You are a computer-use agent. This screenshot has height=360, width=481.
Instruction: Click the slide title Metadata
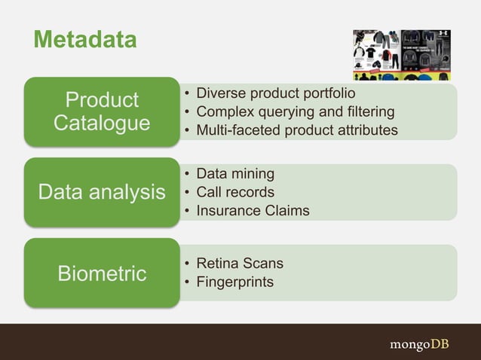pyautogui.click(x=84, y=39)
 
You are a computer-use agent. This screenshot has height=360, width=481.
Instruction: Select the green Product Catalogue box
pyautogui.click(x=102, y=111)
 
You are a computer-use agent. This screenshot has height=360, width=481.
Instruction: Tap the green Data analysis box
pyautogui.click(x=102, y=192)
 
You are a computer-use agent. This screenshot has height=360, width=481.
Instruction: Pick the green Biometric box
pyautogui.click(x=102, y=273)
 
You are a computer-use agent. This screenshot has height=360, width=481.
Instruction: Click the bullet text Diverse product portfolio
pyautogui.click(x=275, y=93)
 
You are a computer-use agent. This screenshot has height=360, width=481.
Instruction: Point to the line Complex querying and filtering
pyautogui.click(x=295, y=112)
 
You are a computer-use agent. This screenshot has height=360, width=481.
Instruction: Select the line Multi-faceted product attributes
pyautogui.click(x=296, y=130)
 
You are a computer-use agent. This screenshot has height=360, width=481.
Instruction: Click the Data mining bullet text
pyautogui.click(x=235, y=174)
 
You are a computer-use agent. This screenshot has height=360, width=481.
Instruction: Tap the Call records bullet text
pyautogui.click(x=235, y=192)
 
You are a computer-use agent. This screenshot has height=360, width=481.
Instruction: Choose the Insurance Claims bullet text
pyautogui.click(x=253, y=211)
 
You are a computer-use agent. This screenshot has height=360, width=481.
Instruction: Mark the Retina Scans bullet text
pyautogui.click(x=240, y=264)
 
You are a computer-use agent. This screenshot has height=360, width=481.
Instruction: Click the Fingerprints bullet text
pyautogui.click(x=234, y=282)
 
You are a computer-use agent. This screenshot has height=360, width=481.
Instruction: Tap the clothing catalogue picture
pyautogui.click(x=402, y=54)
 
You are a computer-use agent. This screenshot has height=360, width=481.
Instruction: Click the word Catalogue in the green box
pyautogui.click(x=102, y=123)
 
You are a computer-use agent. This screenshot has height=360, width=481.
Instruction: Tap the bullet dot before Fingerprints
pyautogui.click(x=186, y=282)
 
